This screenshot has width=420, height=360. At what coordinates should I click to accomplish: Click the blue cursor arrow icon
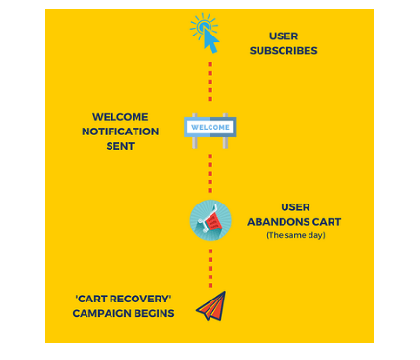[205, 34]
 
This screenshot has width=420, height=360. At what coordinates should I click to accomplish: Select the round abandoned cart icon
[210, 221]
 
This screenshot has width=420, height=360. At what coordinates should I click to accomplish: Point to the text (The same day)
[294, 235]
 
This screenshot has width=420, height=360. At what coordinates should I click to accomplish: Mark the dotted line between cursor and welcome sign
[210, 82]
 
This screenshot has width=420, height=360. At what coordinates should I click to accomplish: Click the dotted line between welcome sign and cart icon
[210, 174]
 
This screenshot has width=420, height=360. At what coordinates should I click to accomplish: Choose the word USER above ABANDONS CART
[294, 206]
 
